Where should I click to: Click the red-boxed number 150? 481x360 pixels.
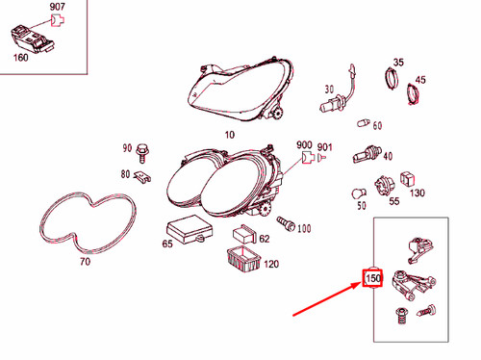[372, 278]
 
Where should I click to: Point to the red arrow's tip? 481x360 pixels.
[362, 282]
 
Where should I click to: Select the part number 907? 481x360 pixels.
[58, 7]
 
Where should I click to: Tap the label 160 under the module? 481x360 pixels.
[21, 58]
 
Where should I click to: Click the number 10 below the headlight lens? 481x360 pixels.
[230, 135]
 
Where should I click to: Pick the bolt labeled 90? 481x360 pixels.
[141, 153]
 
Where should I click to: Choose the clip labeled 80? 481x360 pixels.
[142, 176]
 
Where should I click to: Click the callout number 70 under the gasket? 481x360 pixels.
[85, 262]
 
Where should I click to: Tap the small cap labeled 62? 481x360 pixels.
[244, 235]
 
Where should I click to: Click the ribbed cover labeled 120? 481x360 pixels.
[243, 260]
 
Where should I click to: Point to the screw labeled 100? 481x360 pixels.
[286, 222]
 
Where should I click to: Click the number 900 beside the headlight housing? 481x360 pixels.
[304, 145]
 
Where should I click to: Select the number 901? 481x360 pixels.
[324, 147]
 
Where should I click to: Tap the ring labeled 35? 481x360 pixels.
[392, 79]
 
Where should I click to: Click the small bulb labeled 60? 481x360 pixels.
[364, 123]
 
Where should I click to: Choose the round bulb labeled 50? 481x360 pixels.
[359, 194]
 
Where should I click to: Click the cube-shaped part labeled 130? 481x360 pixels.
[407, 180]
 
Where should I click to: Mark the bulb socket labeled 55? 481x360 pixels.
[383, 186]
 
